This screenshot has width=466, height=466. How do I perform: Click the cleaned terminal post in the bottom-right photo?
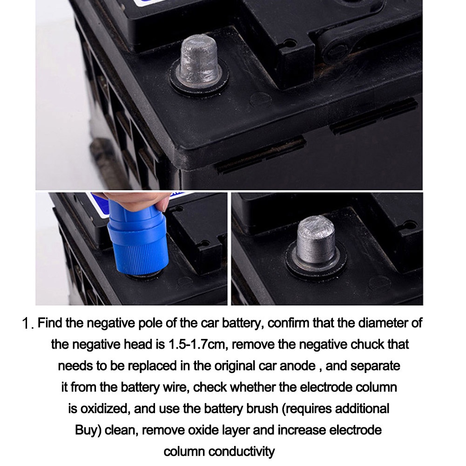pyautogui.click(x=316, y=241)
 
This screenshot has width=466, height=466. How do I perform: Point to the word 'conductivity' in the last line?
pyautogui.click(x=241, y=452)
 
